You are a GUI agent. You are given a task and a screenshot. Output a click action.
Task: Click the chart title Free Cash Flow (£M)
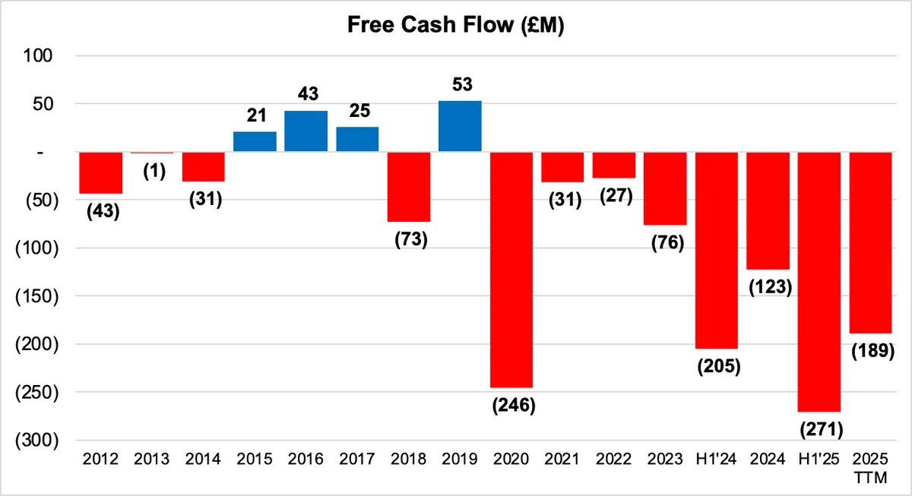coord(455,25)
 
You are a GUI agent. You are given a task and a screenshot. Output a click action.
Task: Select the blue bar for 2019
coord(460,126)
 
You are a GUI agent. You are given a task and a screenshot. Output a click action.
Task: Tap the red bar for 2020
coord(511,270)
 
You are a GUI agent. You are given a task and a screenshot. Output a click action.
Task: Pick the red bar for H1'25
coord(819,282)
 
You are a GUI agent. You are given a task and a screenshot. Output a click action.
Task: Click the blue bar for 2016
coord(306,131)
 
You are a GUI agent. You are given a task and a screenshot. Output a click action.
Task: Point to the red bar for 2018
coord(409,187)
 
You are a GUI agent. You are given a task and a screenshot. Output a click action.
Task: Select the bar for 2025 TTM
coord(870,242)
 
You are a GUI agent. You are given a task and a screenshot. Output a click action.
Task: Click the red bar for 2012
coord(100,173)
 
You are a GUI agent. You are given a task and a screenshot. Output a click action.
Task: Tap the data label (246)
coord(514,406)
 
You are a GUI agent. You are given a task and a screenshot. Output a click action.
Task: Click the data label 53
coord(462,84)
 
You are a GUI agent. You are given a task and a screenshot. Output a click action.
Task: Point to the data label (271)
coord(822,430)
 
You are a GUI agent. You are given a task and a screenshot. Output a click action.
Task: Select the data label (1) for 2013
coord(154,172)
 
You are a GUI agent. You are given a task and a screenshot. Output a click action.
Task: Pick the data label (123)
coord(771,287)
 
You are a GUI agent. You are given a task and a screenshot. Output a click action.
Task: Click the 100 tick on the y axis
coord(38,55)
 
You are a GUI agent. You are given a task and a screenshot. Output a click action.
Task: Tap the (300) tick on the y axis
coord(37,441)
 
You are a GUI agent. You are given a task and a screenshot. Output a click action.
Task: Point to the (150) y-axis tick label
coord(37,296)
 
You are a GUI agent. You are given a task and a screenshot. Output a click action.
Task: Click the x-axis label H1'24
coord(716,459)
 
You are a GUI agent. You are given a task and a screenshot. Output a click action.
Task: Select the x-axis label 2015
coord(255,459)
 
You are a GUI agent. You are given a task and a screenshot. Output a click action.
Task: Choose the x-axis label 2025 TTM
coord(870,469)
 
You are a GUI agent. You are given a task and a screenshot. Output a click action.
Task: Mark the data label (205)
coord(719,366)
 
